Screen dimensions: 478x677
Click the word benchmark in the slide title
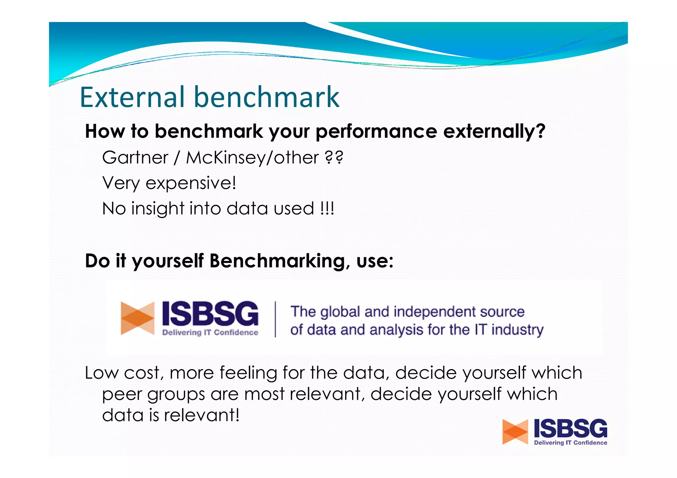point(266,97)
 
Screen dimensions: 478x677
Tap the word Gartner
point(135,158)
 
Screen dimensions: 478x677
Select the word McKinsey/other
point(252,158)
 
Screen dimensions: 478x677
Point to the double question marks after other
point(334,158)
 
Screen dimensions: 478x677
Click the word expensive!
point(191,183)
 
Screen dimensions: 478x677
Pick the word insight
point(158,208)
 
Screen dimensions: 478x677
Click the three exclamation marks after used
point(327,208)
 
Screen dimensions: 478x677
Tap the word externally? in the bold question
point(494,131)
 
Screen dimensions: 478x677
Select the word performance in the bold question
point(376,131)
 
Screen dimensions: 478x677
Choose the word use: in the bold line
point(375,261)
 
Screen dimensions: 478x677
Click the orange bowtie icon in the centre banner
point(138,318)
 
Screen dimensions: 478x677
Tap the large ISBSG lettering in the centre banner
point(210,313)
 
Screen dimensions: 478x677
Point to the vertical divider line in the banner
point(275,319)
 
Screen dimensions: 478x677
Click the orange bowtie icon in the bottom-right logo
point(515,432)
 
